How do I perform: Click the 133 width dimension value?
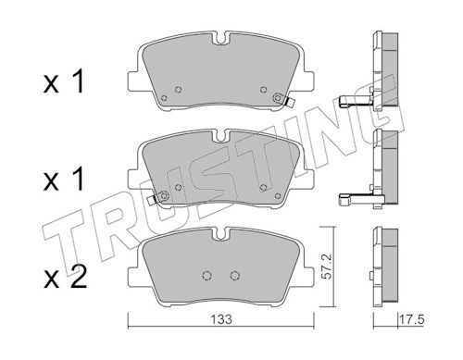point(221,319)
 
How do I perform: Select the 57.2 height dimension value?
point(326,267)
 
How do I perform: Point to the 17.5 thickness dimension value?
point(412,319)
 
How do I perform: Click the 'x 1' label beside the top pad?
point(64,81)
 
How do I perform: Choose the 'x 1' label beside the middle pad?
point(64,179)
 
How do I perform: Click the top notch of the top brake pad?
point(221,38)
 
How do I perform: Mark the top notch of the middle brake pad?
point(221,136)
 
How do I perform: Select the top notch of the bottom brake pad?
point(221,233)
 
